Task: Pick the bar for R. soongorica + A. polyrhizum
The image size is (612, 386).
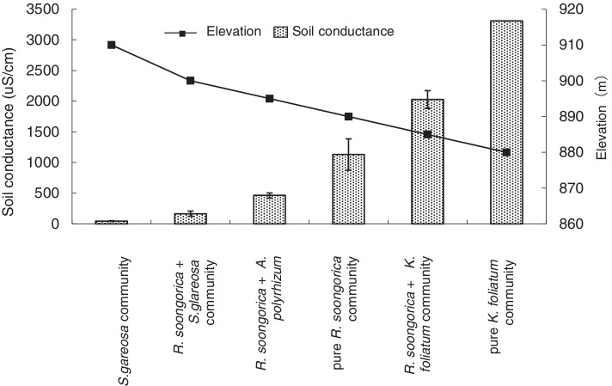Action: pos(270,210)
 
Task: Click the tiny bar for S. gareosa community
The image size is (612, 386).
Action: pos(112,222)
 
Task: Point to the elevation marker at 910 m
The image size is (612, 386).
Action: pos(112,45)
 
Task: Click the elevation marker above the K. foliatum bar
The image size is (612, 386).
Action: pos(506,152)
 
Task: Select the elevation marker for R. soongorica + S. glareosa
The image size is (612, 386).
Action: pos(191,81)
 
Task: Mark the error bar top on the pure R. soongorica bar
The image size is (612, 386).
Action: pos(349,138)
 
